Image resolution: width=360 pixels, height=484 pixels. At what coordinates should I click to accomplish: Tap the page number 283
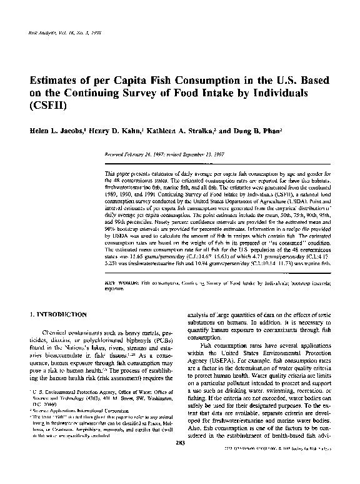coord(180,461)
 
